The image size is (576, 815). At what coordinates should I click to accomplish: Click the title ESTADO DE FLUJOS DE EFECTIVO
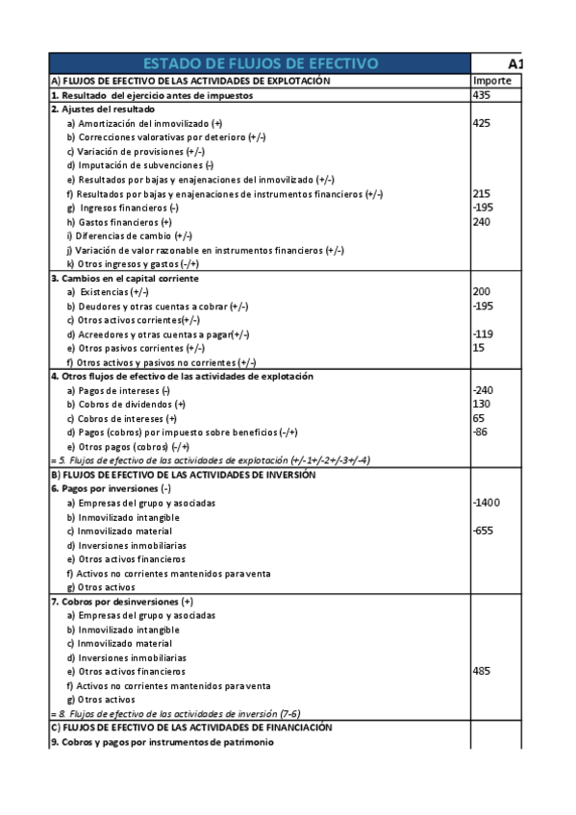(260, 63)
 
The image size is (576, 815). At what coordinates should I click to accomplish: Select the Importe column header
(491, 81)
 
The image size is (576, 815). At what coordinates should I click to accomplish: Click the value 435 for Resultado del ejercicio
(483, 95)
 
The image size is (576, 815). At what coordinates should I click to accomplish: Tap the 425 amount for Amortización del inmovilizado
(483, 123)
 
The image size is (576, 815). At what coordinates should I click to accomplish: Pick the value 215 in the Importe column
(483, 193)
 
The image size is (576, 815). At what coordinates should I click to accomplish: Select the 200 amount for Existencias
(483, 291)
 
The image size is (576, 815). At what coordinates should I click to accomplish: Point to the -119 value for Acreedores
(485, 333)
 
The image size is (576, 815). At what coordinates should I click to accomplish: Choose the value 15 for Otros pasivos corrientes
(480, 347)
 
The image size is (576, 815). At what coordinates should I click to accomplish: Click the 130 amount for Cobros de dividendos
(483, 404)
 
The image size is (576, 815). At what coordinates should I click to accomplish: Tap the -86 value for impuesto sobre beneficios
(483, 432)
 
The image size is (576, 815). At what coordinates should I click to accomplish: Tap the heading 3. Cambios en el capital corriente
(124, 278)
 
